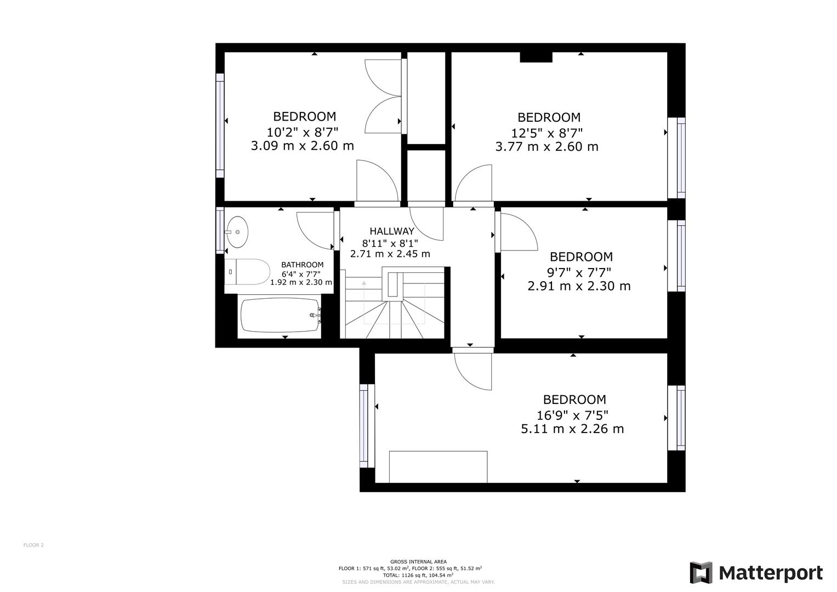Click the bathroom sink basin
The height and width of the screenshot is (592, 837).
[x=237, y=232]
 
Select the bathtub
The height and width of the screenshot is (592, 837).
[x=280, y=315]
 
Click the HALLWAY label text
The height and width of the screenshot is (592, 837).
[x=391, y=231]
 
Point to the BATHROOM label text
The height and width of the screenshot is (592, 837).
[x=302, y=265]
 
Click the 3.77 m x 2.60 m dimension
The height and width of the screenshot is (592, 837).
[x=546, y=147]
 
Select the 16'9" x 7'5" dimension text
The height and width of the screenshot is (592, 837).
[x=572, y=415]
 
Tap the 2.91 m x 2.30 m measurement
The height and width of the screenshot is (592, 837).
[x=579, y=286]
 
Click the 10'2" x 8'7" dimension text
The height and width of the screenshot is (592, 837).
[x=302, y=132]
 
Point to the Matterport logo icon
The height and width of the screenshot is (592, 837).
[x=701, y=573]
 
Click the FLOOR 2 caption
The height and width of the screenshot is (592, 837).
[x=33, y=545]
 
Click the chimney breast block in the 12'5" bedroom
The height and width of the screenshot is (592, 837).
[x=536, y=56]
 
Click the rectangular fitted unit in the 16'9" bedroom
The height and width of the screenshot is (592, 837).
[x=438, y=466]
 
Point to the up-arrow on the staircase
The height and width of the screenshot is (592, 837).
[x=364, y=283]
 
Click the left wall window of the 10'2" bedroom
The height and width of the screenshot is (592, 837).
[x=220, y=126]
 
